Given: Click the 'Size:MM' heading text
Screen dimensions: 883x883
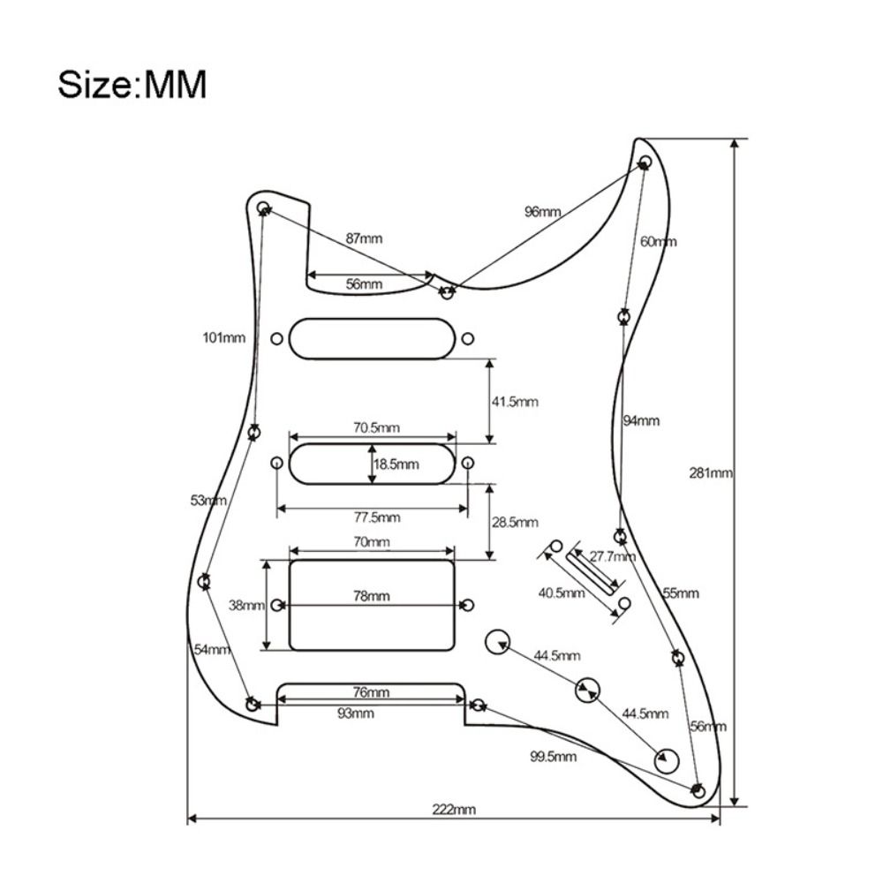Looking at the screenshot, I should click(132, 86).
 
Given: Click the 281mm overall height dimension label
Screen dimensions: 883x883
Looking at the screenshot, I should click(711, 472).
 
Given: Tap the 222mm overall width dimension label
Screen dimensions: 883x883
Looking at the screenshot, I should click(454, 810).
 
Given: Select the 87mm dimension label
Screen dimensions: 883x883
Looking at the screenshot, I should click(364, 238).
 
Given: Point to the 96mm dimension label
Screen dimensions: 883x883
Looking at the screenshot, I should click(542, 211).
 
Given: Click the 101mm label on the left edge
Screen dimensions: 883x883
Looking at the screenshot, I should click(223, 337).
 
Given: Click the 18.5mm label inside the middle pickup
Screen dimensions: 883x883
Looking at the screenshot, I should click(396, 464).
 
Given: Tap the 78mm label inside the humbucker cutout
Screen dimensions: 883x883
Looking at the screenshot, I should click(372, 596).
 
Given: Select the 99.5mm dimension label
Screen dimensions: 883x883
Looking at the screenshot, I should click(554, 757).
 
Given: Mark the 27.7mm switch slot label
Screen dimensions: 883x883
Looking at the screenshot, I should click(612, 557).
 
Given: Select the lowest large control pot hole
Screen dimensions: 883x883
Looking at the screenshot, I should click(666, 758).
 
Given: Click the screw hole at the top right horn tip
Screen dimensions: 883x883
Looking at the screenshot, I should click(645, 162).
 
